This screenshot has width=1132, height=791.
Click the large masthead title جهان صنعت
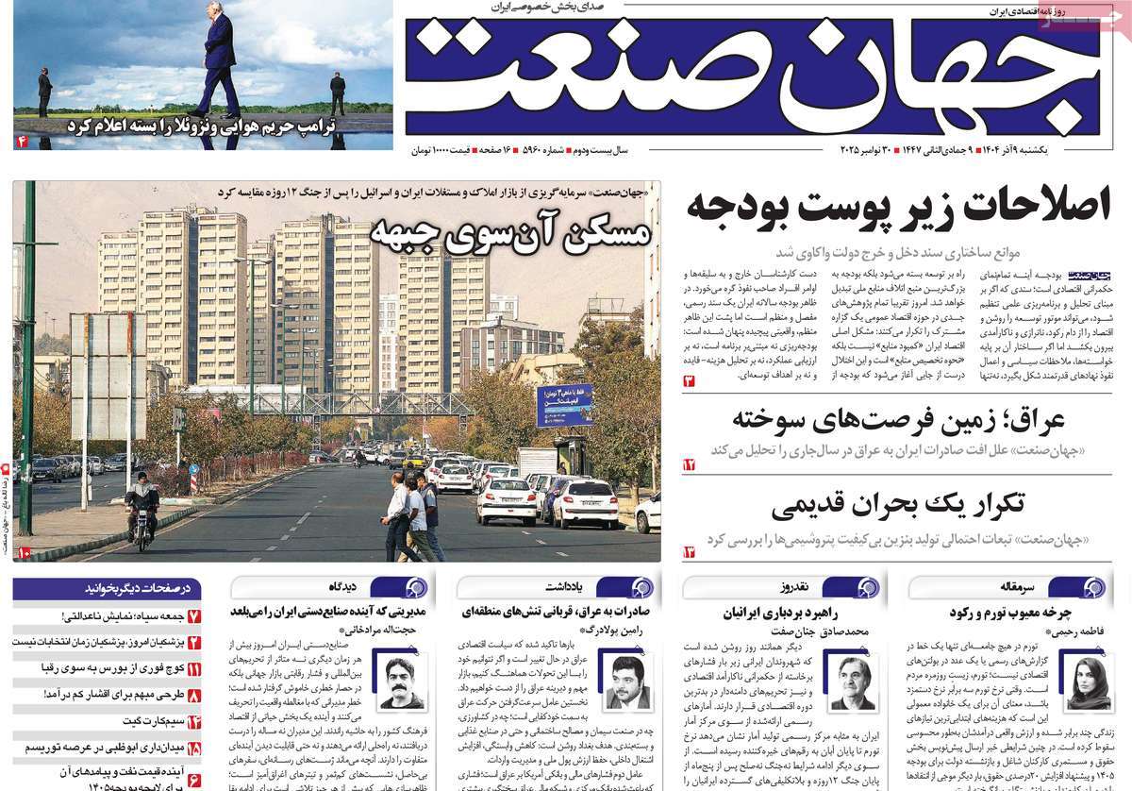[755, 77]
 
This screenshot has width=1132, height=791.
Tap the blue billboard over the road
[564, 404]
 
